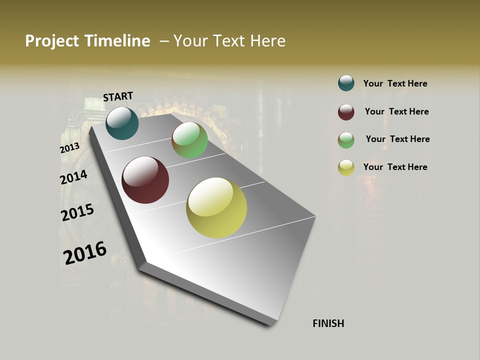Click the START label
(118, 96)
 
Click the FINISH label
(328, 323)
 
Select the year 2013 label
(69, 148)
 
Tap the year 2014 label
(73, 177)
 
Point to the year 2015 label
(77, 212)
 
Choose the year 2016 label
(84, 252)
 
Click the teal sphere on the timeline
(122, 123)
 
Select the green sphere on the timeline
(189, 140)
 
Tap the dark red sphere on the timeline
(145, 180)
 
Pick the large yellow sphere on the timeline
(216, 207)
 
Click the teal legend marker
(346, 83)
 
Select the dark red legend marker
(346, 112)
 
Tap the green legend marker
(346, 140)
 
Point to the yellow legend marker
(346, 167)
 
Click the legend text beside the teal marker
(395, 83)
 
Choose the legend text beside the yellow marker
(395, 167)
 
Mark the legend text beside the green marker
(397, 139)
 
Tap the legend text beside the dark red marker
(396, 111)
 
